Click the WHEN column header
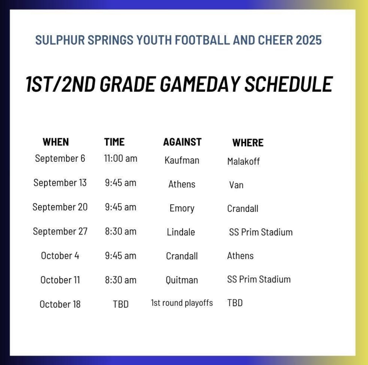click(56, 142)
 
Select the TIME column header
click(114, 142)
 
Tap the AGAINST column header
click(182, 142)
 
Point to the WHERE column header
click(248, 143)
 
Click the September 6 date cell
click(60, 159)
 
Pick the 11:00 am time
click(121, 159)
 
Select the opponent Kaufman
click(182, 160)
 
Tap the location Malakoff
click(243, 161)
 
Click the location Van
click(236, 185)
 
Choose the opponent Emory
click(182, 208)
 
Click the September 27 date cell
click(60, 232)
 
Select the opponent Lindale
click(181, 232)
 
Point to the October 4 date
click(60, 256)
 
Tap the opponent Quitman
click(182, 280)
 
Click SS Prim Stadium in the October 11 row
click(259, 279)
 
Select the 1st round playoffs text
click(182, 303)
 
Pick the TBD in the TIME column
click(121, 304)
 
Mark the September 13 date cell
click(60, 183)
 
